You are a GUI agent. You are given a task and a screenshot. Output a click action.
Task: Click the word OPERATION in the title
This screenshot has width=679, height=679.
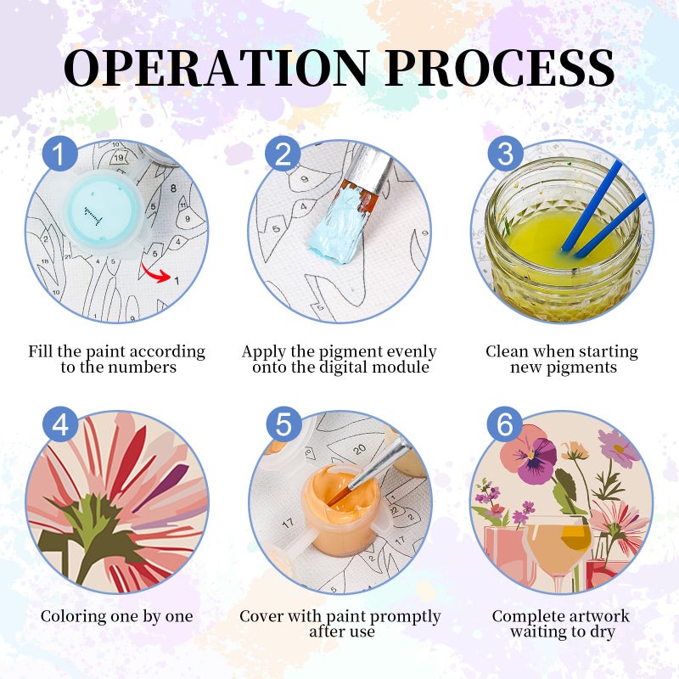tap(217, 68)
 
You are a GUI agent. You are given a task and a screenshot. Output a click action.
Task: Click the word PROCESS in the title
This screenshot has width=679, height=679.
tap(500, 68)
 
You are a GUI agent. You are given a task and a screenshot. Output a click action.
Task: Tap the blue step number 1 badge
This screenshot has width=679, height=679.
tap(59, 154)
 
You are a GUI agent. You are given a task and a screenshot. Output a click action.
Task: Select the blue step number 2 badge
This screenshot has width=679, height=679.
tap(283, 154)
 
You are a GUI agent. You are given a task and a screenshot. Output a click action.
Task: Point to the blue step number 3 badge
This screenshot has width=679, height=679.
tap(505, 154)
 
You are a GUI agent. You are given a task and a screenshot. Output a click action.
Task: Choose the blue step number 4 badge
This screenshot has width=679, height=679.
tap(60, 424)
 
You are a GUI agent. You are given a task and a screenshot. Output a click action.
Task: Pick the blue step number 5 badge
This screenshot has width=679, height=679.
tap(283, 424)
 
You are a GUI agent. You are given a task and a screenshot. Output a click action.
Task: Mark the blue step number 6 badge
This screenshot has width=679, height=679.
tap(505, 424)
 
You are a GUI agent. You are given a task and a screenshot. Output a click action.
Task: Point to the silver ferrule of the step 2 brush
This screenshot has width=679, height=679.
tap(370, 167)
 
